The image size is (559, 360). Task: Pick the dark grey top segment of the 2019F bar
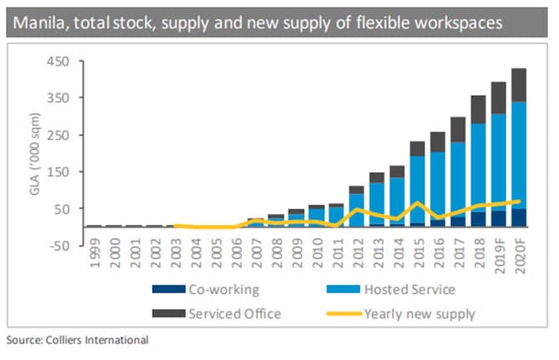[498, 98]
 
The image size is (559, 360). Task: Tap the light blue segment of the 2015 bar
[417, 189]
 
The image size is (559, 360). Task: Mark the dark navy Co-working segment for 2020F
[518, 217]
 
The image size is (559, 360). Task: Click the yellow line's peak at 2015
[417, 203]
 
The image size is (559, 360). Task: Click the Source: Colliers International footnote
[78, 340]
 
